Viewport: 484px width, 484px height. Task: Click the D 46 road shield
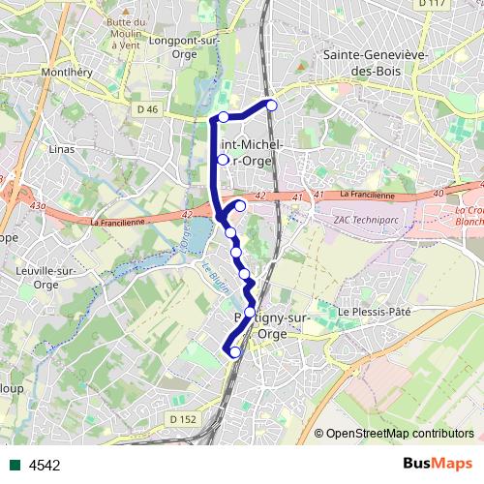click(147, 110)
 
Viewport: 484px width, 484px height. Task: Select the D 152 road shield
click(182, 418)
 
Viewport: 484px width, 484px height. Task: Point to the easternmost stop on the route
click(272, 105)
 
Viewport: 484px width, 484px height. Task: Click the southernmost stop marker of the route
click(234, 352)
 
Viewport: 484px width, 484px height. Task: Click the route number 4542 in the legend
click(45, 465)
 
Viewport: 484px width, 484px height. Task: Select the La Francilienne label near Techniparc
click(367, 196)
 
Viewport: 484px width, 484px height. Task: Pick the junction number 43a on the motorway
click(38, 206)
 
